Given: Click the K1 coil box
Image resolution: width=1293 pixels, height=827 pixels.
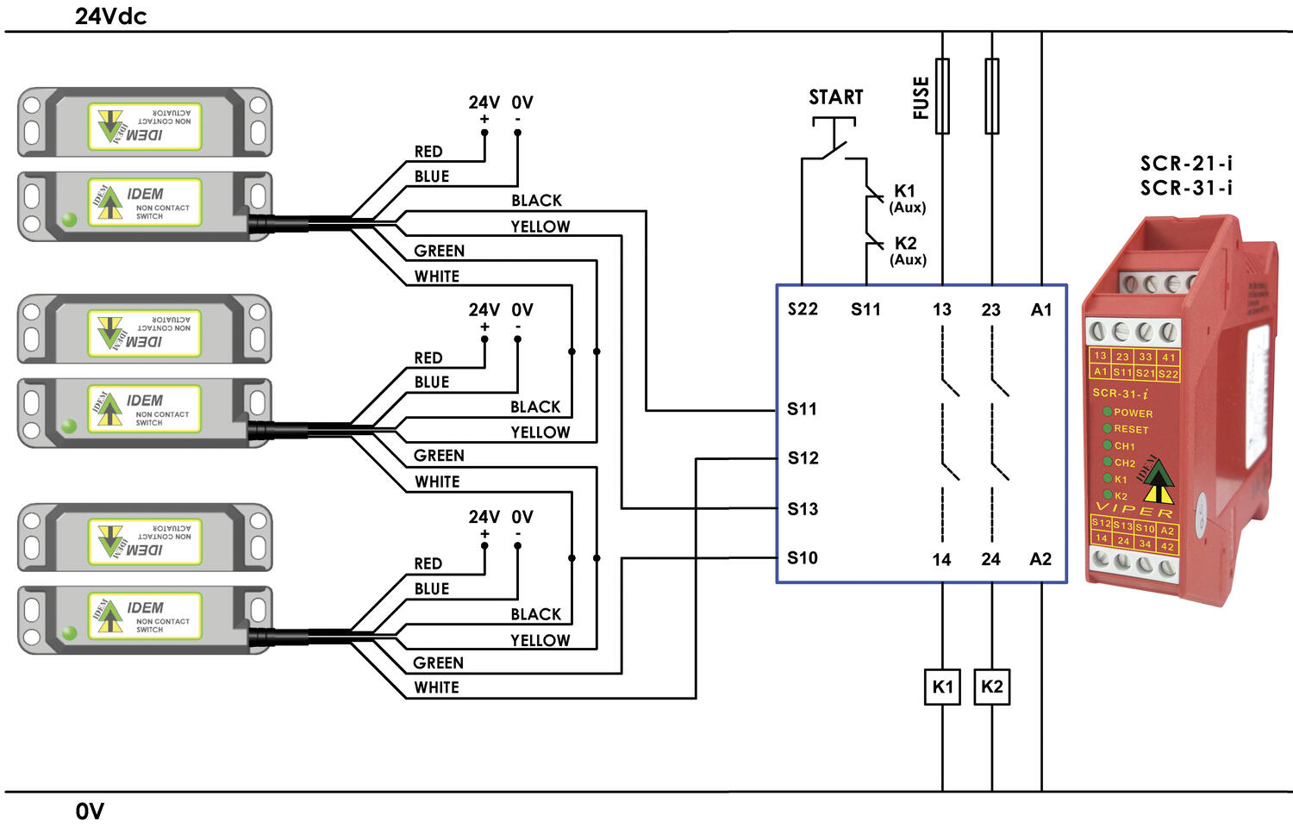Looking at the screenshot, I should (x=942, y=687).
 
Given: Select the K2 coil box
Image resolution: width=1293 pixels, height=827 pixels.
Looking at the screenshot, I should (x=992, y=687).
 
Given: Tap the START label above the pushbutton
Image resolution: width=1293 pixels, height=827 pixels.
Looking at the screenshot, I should (x=835, y=97).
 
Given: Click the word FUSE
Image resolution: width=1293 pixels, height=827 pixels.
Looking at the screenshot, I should (x=921, y=97).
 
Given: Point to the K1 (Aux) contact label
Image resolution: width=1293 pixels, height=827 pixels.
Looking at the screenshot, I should (x=906, y=198).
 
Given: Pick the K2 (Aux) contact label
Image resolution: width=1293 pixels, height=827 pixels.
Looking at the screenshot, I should (x=907, y=251).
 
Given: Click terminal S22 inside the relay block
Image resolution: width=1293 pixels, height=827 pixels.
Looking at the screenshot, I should (x=803, y=309).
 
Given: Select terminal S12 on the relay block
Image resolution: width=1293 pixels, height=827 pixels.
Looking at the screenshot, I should (x=803, y=458).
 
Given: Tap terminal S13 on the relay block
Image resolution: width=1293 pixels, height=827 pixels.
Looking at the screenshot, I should (x=803, y=509).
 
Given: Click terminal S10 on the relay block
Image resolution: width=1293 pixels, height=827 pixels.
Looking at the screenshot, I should (x=803, y=558).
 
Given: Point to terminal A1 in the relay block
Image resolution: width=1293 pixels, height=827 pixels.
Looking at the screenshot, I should (x=1041, y=309).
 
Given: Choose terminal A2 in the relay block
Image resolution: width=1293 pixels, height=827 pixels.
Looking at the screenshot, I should (x=1040, y=559).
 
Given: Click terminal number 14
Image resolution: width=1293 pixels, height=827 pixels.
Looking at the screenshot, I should (x=941, y=560).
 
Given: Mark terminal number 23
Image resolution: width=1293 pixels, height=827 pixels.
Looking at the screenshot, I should (x=991, y=309).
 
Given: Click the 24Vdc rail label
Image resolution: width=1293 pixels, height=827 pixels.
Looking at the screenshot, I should (x=110, y=16).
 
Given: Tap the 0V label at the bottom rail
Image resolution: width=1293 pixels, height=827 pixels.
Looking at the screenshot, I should (x=90, y=811).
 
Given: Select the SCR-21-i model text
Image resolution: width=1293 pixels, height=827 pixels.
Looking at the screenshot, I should (x=1186, y=163).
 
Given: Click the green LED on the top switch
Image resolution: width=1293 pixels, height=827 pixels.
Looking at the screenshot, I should (x=70, y=220).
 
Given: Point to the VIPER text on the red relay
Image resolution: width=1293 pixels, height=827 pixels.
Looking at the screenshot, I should (x=1134, y=511).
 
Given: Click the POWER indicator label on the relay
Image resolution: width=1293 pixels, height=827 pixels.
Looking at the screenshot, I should (x=1133, y=413).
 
